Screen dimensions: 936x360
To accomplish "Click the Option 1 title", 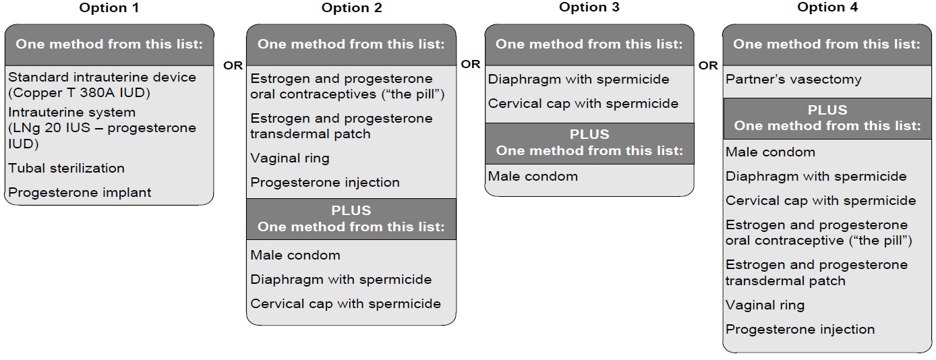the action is click(x=109, y=8).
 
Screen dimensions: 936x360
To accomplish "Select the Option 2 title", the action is click(x=351, y=8).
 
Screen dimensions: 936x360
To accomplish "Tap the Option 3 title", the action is click(x=589, y=7).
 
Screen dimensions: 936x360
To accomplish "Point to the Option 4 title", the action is click(x=827, y=7).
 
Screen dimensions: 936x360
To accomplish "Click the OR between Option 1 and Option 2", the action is click(x=233, y=65).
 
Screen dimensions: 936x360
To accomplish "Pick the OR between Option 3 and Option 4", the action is click(x=708, y=65).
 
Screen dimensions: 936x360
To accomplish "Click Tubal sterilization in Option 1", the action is click(x=66, y=168).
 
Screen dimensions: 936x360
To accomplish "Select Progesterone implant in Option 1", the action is click(x=80, y=193).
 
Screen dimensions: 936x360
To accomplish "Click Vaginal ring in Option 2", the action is click(x=289, y=158).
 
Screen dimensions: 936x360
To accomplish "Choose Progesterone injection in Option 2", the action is click(x=324, y=183).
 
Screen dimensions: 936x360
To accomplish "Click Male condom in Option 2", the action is click(x=295, y=256).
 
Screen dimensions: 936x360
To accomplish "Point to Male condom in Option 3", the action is click(x=533, y=176).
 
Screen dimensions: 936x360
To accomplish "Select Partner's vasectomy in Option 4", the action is click(x=793, y=80).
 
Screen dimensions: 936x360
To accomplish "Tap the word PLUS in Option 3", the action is click(x=589, y=134).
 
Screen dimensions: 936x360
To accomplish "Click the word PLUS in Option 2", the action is click(x=351, y=210).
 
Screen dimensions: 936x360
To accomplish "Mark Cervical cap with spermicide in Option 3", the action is click(x=583, y=104).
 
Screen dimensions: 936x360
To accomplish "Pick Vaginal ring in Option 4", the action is click(x=765, y=305).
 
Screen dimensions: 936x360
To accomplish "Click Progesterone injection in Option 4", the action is click(x=800, y=330).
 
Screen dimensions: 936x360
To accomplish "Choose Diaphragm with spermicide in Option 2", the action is click(x=341, y=279).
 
